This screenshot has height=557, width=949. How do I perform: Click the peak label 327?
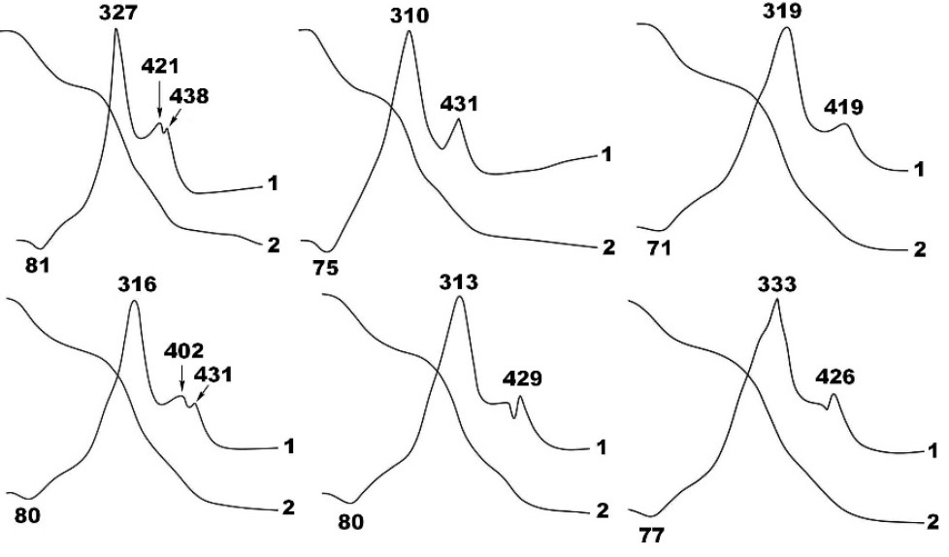click(x=118, y=13)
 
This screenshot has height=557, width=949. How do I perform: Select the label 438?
click(x=189, y=96)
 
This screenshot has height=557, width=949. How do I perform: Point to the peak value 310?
click(x=409, y=16)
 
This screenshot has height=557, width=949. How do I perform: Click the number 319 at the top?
click(x=782, y=11)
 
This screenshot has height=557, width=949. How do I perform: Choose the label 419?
click(x=843, y=107)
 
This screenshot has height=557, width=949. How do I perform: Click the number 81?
click(x=38, y=265)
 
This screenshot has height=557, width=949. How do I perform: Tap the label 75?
click(x=326, y=267)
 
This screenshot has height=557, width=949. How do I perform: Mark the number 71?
click(x=659, y=248)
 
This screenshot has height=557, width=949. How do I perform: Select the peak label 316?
click(x=138, y=284)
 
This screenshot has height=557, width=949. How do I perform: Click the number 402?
click(x=184, y=350)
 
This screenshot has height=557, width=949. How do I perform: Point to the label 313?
click(x=459, y=282)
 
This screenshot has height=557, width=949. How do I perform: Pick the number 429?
click(x=523, y=379)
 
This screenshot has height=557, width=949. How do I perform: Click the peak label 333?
click(x=777, y=284)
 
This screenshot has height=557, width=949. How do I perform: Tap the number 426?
click(x=835, y=377)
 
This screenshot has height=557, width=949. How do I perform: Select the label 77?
click(x=652, y=535)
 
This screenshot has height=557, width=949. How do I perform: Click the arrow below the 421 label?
click(x=159, y=97)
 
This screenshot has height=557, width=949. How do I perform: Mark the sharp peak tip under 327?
click(x=115, y=28)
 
